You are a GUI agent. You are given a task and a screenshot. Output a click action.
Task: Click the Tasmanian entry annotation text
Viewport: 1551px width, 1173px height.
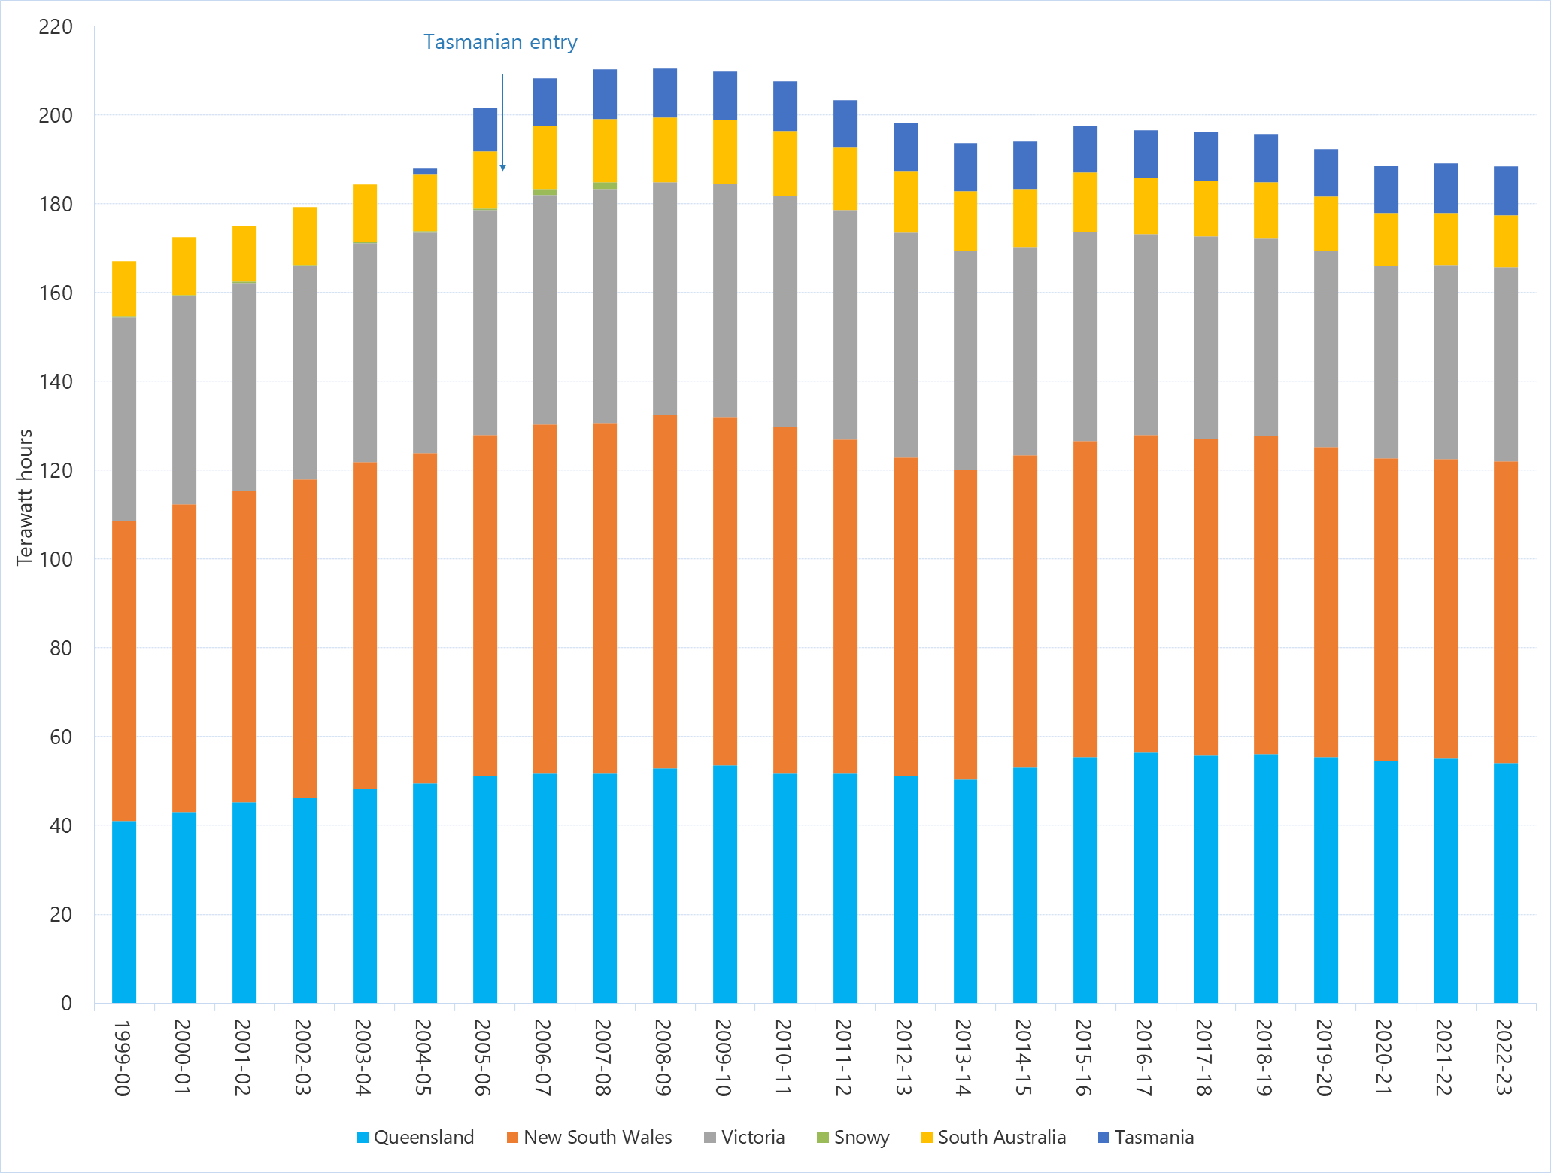click(x=500, y=42)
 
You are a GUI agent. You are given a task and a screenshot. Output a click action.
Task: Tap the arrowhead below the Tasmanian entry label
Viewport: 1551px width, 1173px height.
click(x=502, y=167)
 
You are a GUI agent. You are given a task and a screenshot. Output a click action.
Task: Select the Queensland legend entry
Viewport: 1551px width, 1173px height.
click(x=415, y=1137)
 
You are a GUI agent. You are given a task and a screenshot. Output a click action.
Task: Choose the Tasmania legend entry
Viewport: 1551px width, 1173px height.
click(x=1146, y=1137)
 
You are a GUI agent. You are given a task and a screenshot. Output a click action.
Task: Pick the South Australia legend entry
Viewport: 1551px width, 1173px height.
click(x=993, y=1137)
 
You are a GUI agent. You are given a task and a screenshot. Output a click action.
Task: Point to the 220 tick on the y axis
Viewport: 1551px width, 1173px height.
click(x=56, y=27)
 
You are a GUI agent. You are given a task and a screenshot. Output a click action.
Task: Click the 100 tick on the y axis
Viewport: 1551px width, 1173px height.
click(x=56, y=559)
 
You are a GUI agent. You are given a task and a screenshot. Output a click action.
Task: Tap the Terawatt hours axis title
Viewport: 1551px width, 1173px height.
click(x=25, y=497)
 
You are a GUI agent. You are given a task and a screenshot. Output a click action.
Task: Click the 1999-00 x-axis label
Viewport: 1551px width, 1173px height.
click(x=123, y=1057)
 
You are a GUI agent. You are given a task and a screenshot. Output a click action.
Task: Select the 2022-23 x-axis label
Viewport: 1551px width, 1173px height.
click(x=1504, y=1057)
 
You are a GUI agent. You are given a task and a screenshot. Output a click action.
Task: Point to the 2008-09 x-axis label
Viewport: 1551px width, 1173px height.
click(x=663, y=1057)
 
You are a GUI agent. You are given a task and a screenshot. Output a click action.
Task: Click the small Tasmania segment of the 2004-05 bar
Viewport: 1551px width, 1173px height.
click(x=425, y=171)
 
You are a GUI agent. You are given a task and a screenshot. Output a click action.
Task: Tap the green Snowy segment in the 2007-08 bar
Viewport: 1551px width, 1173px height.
click(x=605, y=185)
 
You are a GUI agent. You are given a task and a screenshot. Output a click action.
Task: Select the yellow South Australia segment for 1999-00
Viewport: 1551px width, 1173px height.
click(x=124, y=289)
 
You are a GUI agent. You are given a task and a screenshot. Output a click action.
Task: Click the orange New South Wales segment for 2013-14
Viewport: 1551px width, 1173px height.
click(x=965, y=624)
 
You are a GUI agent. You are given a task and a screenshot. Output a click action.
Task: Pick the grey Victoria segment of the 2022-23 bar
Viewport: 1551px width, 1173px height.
click(x=1505, y=365)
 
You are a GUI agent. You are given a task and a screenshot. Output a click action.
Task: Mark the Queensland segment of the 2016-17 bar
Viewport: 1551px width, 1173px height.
click(x=1146, y=877)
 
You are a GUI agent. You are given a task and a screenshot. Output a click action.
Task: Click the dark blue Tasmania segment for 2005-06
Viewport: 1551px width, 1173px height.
click(x=485, y=129)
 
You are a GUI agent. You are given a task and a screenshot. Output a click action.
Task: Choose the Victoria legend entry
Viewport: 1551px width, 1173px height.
click(x=744, y=1137)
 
